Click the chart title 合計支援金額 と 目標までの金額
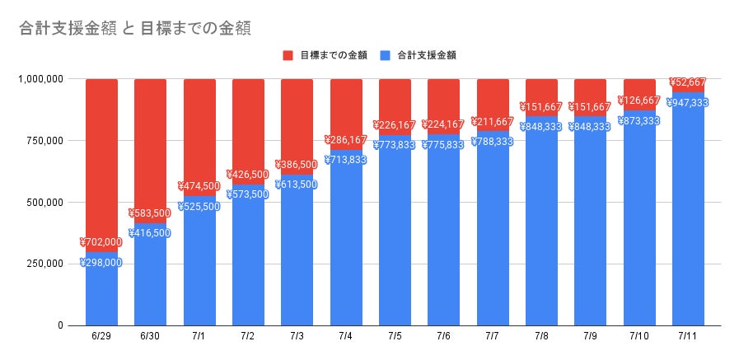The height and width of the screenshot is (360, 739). click(134, 27)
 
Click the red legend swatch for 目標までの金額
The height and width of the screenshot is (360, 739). click(288, 55)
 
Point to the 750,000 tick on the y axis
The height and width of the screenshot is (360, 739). click(43, 141)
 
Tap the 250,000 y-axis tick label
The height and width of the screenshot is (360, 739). click(43, 264)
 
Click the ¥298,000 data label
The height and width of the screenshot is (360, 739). click(101, 263)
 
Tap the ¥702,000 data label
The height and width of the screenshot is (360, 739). click(101, 242)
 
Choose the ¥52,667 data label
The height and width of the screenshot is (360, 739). click(688, 82)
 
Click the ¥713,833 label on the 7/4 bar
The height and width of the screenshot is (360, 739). click(346, 160)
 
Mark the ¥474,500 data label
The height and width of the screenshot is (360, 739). click(199, 186)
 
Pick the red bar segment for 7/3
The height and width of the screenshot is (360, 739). click(297, 115)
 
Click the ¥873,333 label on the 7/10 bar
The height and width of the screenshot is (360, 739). click(639, 121)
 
